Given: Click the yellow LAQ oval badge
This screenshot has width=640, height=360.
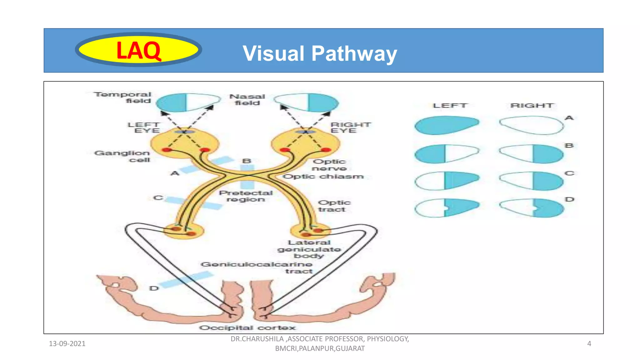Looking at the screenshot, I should point(138,50).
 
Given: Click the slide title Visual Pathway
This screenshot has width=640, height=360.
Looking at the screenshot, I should point(320,53).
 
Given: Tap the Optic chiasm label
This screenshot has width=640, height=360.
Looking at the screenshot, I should point(323,177).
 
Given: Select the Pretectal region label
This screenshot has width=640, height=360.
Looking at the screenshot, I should point(246,196).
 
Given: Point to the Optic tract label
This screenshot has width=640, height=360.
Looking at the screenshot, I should point(334,206).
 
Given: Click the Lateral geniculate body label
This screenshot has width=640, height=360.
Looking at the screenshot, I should point(309,249).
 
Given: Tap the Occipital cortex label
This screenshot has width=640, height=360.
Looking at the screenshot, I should point(247,328).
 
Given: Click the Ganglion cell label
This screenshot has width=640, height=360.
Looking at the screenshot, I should point(122,156).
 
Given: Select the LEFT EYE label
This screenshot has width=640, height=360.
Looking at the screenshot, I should point(144,127).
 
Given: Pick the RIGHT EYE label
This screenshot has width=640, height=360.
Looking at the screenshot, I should point(350,127).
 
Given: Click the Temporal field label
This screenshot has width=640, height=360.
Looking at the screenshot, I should point(122,97).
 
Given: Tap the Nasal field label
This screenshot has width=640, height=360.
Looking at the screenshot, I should point(247,100).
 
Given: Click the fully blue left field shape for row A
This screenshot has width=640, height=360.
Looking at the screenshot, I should point(446,125).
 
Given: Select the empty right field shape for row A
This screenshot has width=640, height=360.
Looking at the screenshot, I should point(531,125).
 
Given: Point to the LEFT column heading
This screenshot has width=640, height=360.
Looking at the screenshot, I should point(450,106).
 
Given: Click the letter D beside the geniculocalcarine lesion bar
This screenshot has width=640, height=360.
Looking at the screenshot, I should point(154,288).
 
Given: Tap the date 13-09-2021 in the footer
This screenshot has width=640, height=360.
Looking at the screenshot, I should point(67,344).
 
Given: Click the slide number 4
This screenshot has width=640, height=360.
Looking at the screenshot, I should point(589,344).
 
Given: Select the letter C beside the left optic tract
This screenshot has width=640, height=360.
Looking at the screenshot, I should point(158,198).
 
